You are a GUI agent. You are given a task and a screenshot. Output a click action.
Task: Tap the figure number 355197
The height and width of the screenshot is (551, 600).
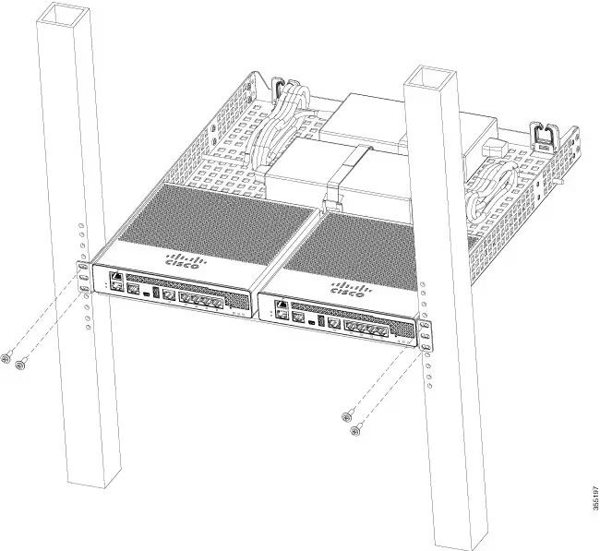(595, 497)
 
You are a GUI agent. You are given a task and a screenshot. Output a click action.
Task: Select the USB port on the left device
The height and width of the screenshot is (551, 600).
(156, 292)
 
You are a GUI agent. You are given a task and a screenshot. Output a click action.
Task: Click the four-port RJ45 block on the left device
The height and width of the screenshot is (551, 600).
(201, 301)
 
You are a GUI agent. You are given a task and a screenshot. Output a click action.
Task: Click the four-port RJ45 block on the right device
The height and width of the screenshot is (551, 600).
(366, 329)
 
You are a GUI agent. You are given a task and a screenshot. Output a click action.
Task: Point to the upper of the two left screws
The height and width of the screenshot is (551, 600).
(6, 358)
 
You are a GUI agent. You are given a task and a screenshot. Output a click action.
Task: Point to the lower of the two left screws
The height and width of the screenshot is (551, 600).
(21, 364)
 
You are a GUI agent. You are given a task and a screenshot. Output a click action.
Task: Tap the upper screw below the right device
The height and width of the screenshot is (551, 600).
(348, 415)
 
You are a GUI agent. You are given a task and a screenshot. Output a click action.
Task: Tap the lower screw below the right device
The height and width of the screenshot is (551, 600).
(356, 430)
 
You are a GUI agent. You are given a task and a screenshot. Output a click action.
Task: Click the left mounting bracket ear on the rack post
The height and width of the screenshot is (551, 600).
(84, 277)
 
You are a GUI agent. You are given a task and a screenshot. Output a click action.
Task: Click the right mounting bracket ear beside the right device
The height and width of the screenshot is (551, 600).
(426, 336)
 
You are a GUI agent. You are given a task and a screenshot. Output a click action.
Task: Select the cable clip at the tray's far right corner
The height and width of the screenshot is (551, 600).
(544, 137)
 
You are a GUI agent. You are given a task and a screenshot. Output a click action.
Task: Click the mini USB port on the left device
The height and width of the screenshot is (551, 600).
(147, 293)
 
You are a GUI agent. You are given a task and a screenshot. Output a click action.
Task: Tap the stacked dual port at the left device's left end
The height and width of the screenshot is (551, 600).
(116, 281)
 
